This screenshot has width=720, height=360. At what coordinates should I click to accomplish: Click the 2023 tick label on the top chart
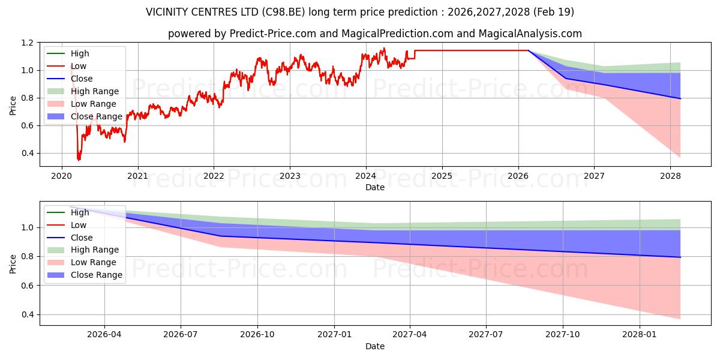(290, 176)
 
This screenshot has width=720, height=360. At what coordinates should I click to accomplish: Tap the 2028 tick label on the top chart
(670, 176)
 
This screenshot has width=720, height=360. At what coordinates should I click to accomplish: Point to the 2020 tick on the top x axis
(62, 176)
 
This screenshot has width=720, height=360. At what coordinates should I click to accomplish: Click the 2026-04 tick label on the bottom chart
(104, 334)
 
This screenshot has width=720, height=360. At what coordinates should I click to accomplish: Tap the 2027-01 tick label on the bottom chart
(334, 334)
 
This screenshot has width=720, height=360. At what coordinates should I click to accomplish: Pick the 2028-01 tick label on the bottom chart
(640, 334)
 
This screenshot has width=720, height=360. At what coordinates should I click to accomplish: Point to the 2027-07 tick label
(487, 334)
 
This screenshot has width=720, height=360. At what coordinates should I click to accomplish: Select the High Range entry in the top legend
(94, 91)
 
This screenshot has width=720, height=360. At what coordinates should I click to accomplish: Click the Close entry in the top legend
(82, 79)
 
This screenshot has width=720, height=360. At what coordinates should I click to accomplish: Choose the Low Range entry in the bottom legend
(94, 262)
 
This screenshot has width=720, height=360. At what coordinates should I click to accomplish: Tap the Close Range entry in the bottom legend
(96, 275)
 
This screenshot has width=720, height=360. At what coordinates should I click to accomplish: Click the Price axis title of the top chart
(13, 104)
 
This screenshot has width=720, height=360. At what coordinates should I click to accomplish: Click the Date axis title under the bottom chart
(375, 346)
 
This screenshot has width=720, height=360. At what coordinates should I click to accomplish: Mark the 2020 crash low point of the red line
(78, 160)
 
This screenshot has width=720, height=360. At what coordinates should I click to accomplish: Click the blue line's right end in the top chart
(680, 98)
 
